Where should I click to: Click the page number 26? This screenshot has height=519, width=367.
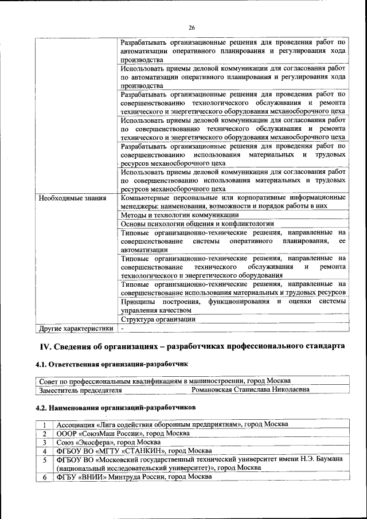(192, 28)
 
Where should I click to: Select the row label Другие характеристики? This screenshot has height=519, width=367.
(75, 329)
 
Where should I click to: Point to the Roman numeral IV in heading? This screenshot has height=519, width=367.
(45, 348)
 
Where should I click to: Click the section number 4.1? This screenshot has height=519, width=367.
(42, 364)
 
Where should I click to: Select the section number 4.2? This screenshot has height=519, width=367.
(42, 407)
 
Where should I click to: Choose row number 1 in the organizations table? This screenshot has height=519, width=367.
(44, 424)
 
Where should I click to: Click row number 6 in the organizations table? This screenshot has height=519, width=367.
(44, 477)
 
